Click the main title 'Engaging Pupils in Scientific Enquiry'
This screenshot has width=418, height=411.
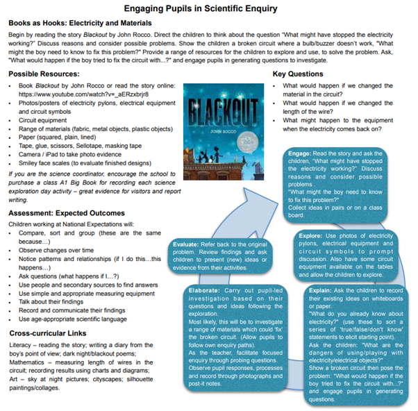pyautogui.click(x=209, y=8)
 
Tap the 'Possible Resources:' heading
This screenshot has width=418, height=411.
pyautogui.click(x=44, y=74)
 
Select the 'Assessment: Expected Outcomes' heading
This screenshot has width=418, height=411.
pyautogui.click(x=67, y=194)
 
